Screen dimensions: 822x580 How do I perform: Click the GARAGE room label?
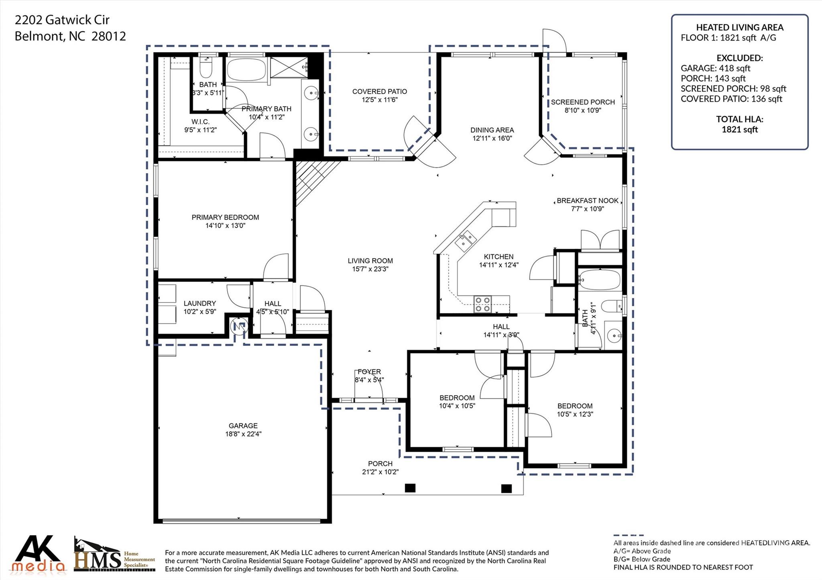pyautogui.click(x=243, y=426)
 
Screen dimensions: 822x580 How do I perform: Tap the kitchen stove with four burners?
pyautogui.click(x=482, y=304)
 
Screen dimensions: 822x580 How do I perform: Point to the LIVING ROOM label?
pyautogui.click(x=370, y=261)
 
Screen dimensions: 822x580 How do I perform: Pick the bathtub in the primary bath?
pyautogui.click(x=246, y=70)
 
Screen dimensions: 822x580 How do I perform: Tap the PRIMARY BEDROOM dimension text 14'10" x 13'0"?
pyautogui.click(x=225, y=226)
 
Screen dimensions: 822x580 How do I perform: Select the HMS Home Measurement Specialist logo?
pyautogui.click(x=115, y=554)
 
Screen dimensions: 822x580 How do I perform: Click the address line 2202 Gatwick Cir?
pyautogui.click(x=62, y=20)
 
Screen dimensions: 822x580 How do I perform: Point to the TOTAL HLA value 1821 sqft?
pyautogui.click(x=740, y=129)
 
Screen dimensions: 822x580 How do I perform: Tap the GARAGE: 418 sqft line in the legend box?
pyautogui.click(x=716, y=68)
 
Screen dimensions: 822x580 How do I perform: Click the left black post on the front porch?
pyautogui.click(x=410, y=488)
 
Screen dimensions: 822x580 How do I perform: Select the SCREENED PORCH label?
pyautogui.click(x=583, y=102)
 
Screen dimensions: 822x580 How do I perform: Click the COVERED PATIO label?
pyautogui.click(x=380, y=92)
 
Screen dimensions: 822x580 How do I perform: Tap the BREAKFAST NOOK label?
pyautogui.click(x=588, y=201)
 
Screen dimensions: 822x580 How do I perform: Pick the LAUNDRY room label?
pyautogui.click(x=200, y=303)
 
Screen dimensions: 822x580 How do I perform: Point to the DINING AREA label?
pyautogui.click(x=492, y=130)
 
